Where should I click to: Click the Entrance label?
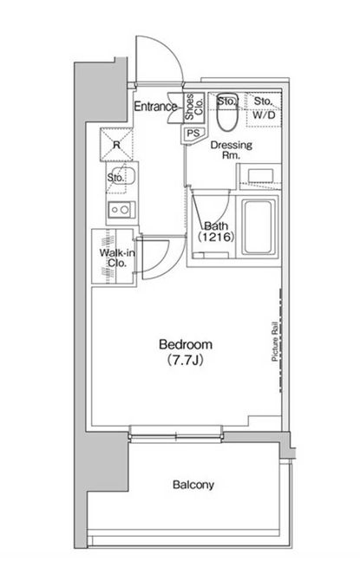pos(155,107)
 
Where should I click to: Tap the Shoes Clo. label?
pos(194,108)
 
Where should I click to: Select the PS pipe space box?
pos(193,134)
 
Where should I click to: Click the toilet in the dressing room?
pos(227,111)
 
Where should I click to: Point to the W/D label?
pos(264,115)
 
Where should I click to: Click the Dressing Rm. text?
pos(232,150)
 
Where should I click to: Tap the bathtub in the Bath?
pos(259,227)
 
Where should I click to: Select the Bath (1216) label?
pos(216,232)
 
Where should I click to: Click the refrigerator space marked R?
pos(116,145)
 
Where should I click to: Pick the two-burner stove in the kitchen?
pos(121,210)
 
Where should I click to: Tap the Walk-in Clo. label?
pos(117,258)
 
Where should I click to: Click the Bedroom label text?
pos(186,344)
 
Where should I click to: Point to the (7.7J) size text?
pos(186,360)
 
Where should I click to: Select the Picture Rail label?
pos(275,342)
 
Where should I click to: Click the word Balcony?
pos(193,485)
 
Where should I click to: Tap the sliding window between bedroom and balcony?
pos(176,434)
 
